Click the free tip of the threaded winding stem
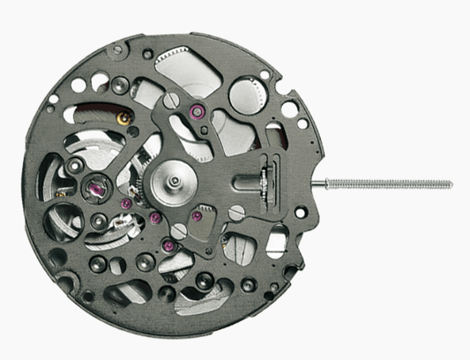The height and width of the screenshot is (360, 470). pyautogui.click(x=450, y=184)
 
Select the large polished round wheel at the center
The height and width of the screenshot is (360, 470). pyautogui.click(x=172, y=183)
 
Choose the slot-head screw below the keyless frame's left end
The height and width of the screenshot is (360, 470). pyautogui.click(x=236, y=212)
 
